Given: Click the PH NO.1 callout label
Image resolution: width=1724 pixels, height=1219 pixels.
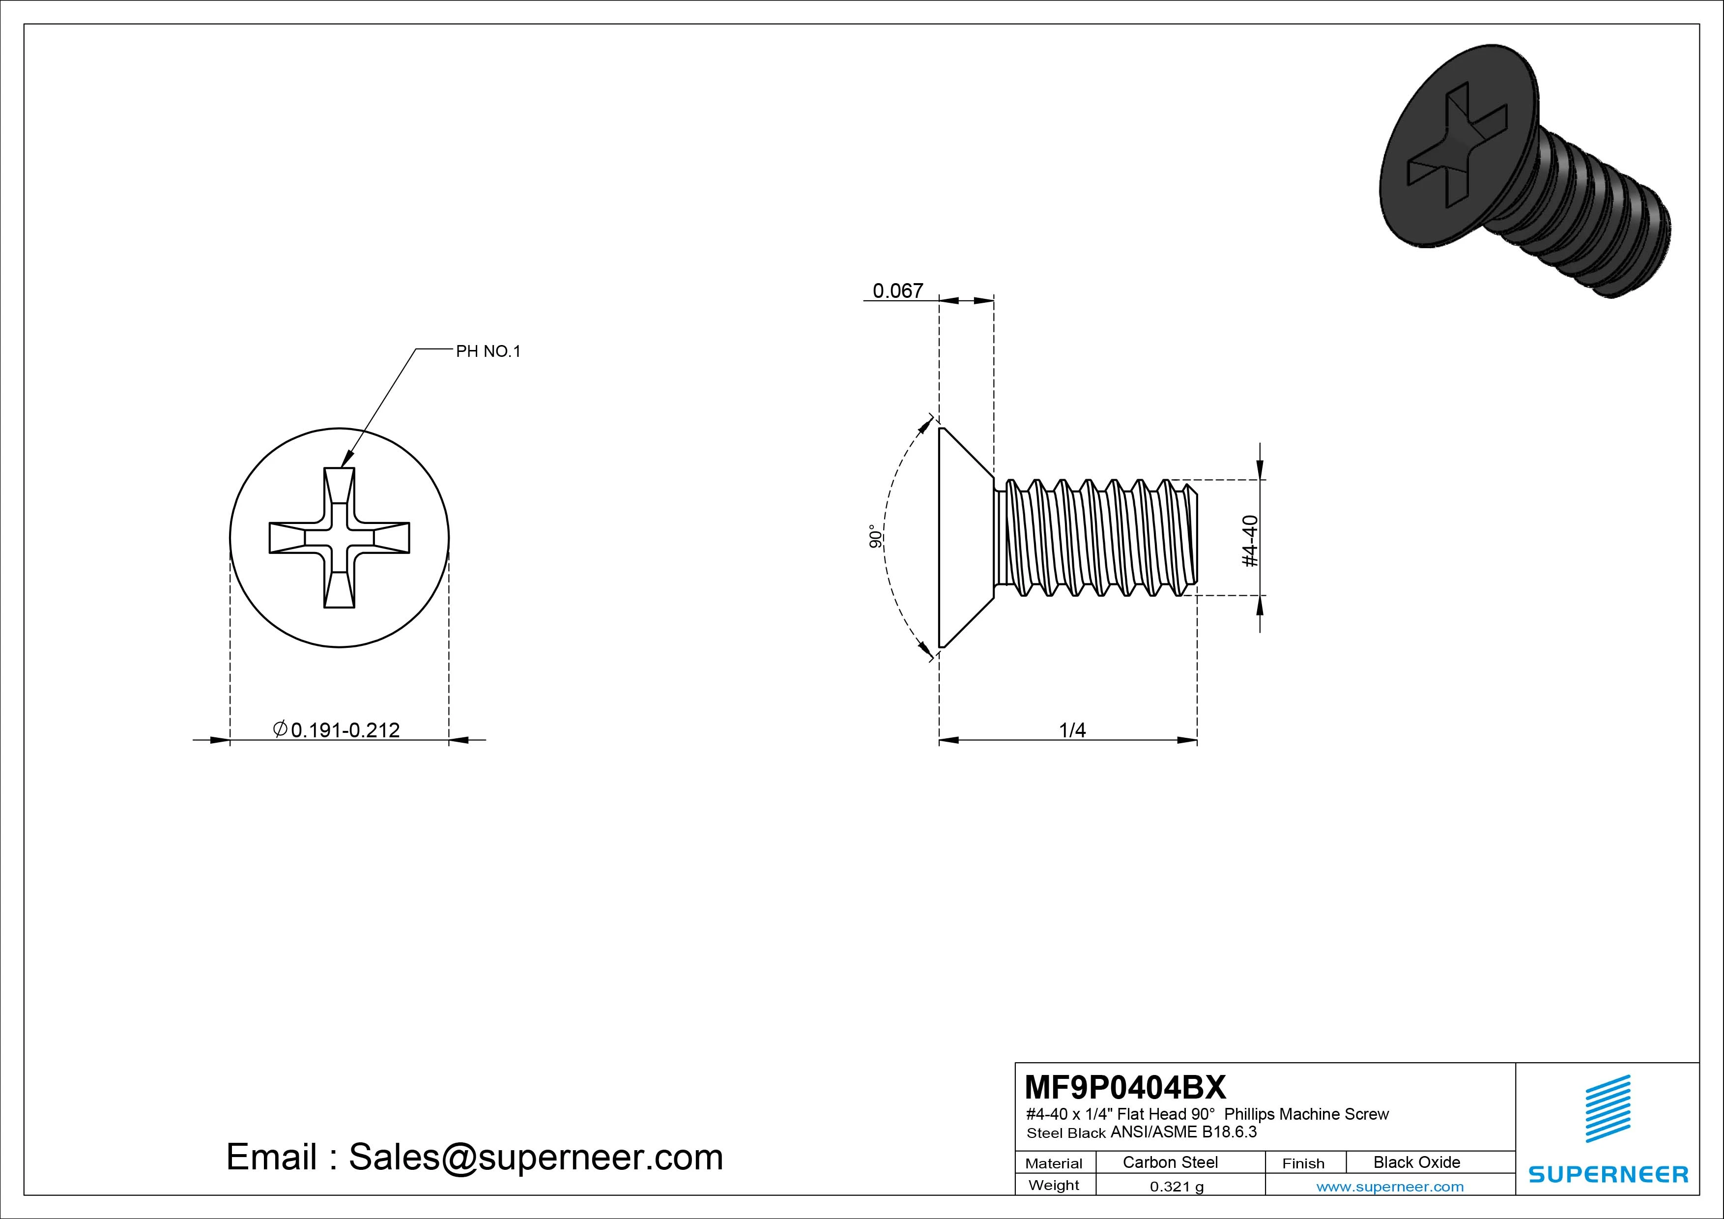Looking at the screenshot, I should pos(488,351).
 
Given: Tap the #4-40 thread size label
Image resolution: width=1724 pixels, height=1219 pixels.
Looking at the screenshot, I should pos(1250,541).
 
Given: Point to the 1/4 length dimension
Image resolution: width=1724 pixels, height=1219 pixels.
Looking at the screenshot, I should pos(1072,729).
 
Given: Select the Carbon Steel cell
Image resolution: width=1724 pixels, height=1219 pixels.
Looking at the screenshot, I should pos(1170,1162).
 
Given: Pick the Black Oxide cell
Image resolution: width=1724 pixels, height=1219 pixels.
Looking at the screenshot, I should pos(1416,1162).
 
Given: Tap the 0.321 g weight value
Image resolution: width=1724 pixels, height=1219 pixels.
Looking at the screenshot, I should pos(1177,1187).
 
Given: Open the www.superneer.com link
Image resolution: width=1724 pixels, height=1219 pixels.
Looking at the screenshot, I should pos(1390,1187).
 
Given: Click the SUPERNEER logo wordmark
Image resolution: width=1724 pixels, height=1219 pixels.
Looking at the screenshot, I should pos(1609,1174).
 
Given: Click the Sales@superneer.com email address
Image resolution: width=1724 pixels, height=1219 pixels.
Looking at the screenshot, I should pos(535,1158).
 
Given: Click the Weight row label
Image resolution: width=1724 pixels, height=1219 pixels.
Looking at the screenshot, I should pos(1054,1185).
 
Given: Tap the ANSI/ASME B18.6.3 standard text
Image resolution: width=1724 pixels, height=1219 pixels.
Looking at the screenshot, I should pos(1183,1132).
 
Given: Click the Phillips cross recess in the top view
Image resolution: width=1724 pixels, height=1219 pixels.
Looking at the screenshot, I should pos(340,538).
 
